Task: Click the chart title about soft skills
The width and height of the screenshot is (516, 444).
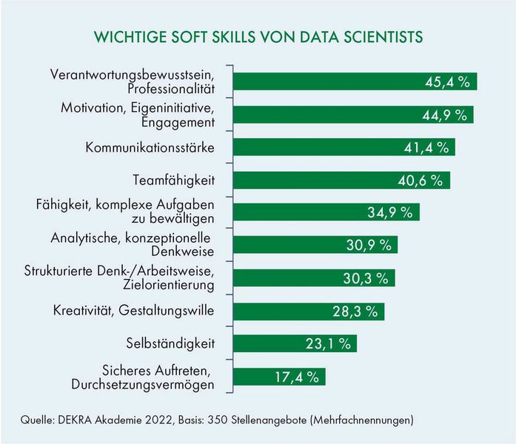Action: click(x=258, y=37)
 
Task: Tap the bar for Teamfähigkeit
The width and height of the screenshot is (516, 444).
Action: click(x=341, y=180)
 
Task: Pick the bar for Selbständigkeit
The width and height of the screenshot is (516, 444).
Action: click(x=295, y=343)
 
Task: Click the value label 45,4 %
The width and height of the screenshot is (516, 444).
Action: click(x=447, y=82)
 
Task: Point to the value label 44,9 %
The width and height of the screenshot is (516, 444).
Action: click(x=443, y=115)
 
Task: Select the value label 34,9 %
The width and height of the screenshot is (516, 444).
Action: click(x=389, y=213)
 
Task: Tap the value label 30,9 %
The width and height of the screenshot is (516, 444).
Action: click(x=367, y=246)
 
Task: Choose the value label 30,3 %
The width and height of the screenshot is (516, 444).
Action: click(x=365, y=278)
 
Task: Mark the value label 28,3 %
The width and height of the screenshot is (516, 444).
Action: click(x=354, y=311)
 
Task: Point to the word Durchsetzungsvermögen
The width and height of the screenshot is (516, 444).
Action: click(x=143, y=384)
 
